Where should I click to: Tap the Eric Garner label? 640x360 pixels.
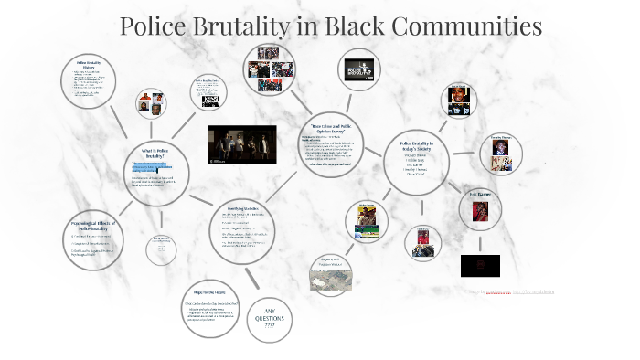[x=480, y=194]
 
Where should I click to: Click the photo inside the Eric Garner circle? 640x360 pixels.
[x=480, y=212]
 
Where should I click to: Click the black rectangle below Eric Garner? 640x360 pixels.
[x=480, y=265]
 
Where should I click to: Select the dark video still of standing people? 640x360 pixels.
[x=241, y=143]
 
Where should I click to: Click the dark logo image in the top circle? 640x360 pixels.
[x=357, y=70]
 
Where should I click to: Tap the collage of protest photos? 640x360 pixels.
[x=269, y=69]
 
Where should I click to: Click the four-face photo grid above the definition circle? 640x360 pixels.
[x=150, y=104]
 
